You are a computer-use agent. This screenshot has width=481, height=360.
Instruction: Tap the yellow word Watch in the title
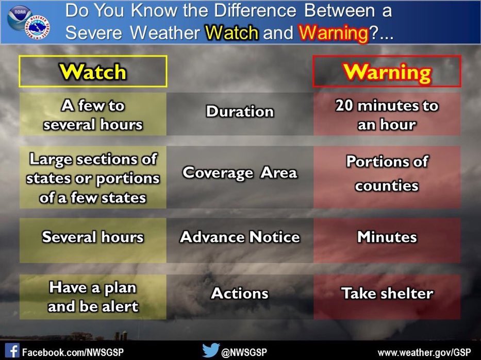231,32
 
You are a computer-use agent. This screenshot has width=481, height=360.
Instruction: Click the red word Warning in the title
334,32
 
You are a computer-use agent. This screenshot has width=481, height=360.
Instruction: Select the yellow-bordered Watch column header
93,72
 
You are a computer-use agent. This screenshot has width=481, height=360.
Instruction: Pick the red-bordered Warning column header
387,72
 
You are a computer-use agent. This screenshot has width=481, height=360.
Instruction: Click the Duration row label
240,112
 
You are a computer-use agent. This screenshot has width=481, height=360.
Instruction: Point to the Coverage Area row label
240,173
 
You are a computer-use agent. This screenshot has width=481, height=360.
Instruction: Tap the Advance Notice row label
240,237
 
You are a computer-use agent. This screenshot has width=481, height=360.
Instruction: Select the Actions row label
240,294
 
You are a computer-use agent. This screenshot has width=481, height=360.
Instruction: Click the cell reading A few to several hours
93,114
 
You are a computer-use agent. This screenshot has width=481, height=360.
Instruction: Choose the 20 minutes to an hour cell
387,114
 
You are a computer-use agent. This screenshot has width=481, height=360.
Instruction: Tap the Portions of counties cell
387,174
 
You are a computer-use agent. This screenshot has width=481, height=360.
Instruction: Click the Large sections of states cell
93,178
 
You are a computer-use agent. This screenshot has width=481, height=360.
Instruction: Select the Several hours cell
93,237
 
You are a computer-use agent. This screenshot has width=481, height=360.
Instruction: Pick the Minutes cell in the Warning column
387,237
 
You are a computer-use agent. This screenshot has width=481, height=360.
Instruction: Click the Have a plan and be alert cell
93,297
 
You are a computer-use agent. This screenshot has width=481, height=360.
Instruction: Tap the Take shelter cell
387,294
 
